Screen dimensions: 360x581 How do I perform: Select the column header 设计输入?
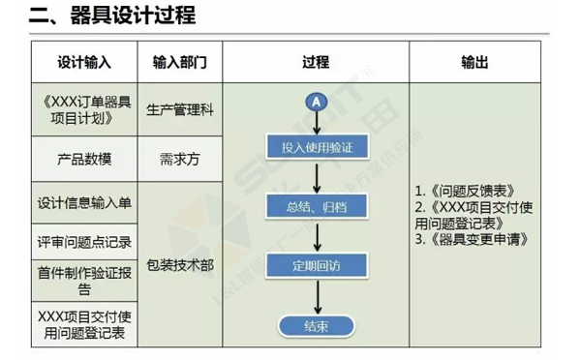click(84, 63)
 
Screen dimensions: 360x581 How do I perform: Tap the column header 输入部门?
click(180, 63)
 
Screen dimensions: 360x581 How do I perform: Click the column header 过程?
click(316, 63)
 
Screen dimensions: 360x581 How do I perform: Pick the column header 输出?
click(474, 63)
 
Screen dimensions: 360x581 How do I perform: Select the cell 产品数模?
click(84, 159)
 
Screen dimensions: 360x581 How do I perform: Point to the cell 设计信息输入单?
click(84, 203)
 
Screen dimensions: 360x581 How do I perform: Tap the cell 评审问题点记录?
click(84, 242)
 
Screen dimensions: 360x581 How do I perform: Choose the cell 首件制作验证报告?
click(84, 280)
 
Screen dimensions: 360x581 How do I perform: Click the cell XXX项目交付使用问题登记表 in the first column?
click(84, 324)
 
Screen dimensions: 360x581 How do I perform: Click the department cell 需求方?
click(180, 159)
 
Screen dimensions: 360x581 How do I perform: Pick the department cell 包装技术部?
click(180, 264)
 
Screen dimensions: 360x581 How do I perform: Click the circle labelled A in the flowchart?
click(316, 101)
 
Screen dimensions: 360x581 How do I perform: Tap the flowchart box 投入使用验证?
click(316, 148)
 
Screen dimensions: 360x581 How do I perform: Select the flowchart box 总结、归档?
click(316, 206)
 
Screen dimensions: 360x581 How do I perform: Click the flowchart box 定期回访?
click(316, 264)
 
